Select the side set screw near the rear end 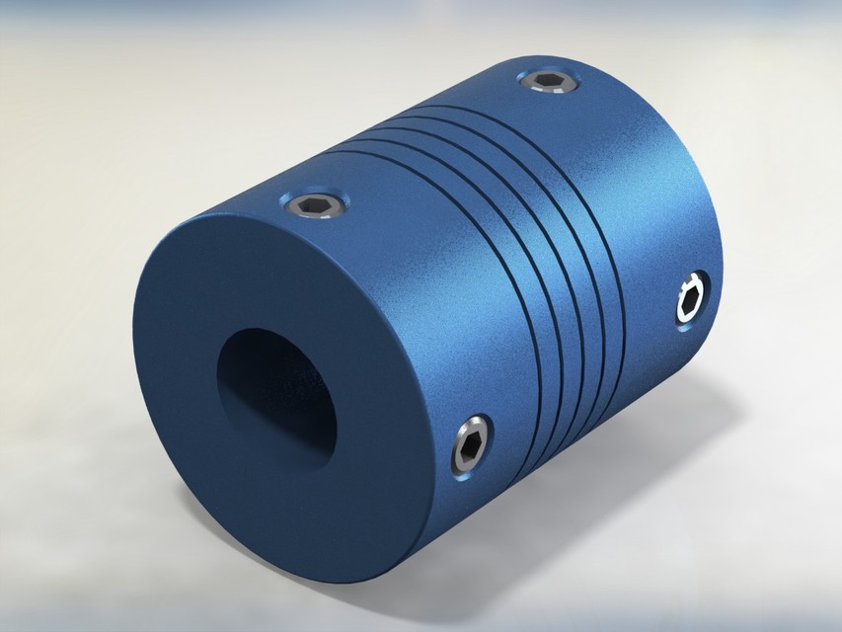(x=691, y=300)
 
